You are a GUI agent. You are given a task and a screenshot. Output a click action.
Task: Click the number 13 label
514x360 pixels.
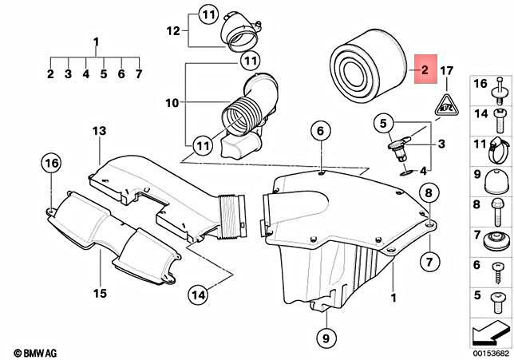(x=99, y=130)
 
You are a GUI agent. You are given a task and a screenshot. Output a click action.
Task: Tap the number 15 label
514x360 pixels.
(x=99, y=294)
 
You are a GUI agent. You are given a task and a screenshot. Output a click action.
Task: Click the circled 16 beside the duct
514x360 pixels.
(x=52, y=164)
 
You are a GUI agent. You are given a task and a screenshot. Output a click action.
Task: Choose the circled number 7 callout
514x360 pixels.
(x=429, y=261)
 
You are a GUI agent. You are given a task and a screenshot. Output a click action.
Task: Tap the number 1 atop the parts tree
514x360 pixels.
(x=96, y=41)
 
